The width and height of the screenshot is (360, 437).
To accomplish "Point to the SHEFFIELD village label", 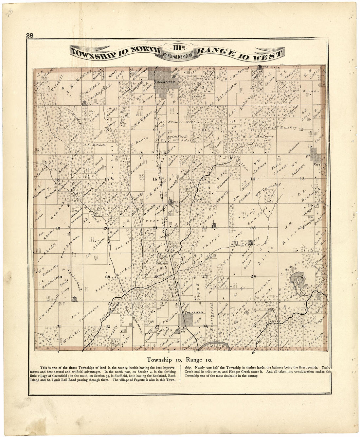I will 194,313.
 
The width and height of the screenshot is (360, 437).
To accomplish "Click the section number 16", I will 154,179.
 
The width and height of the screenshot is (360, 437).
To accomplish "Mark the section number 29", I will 107,277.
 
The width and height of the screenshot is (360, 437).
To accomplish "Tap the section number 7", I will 57,130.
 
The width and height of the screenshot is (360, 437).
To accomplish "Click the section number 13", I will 302,179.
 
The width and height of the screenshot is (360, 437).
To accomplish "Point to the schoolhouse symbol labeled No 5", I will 250,242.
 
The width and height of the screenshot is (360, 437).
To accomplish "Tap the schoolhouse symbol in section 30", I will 75,298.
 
